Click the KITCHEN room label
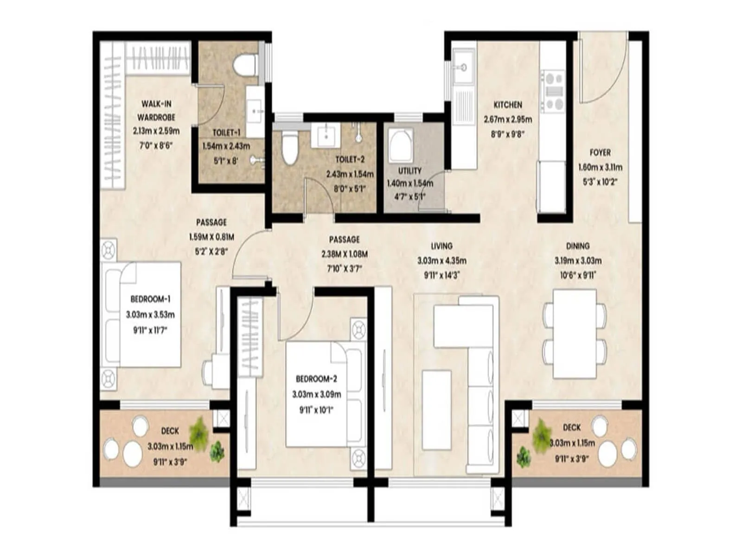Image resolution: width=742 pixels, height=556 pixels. [x=508, y=105]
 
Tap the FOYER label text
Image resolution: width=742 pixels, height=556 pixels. [x=600, y=152]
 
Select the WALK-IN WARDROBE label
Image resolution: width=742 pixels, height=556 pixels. [x=156, y=111]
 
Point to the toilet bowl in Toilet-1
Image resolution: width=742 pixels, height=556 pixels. [x=245, y=65]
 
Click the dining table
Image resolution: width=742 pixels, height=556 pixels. [x=575, y=334]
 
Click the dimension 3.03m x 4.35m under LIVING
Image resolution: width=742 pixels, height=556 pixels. [x=441, y=261]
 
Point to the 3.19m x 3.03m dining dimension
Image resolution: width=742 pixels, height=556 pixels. [x=578, y=261]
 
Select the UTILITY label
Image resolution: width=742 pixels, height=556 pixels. [x=410, y=171]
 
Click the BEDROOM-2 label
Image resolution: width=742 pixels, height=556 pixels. [x=316, y=379]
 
